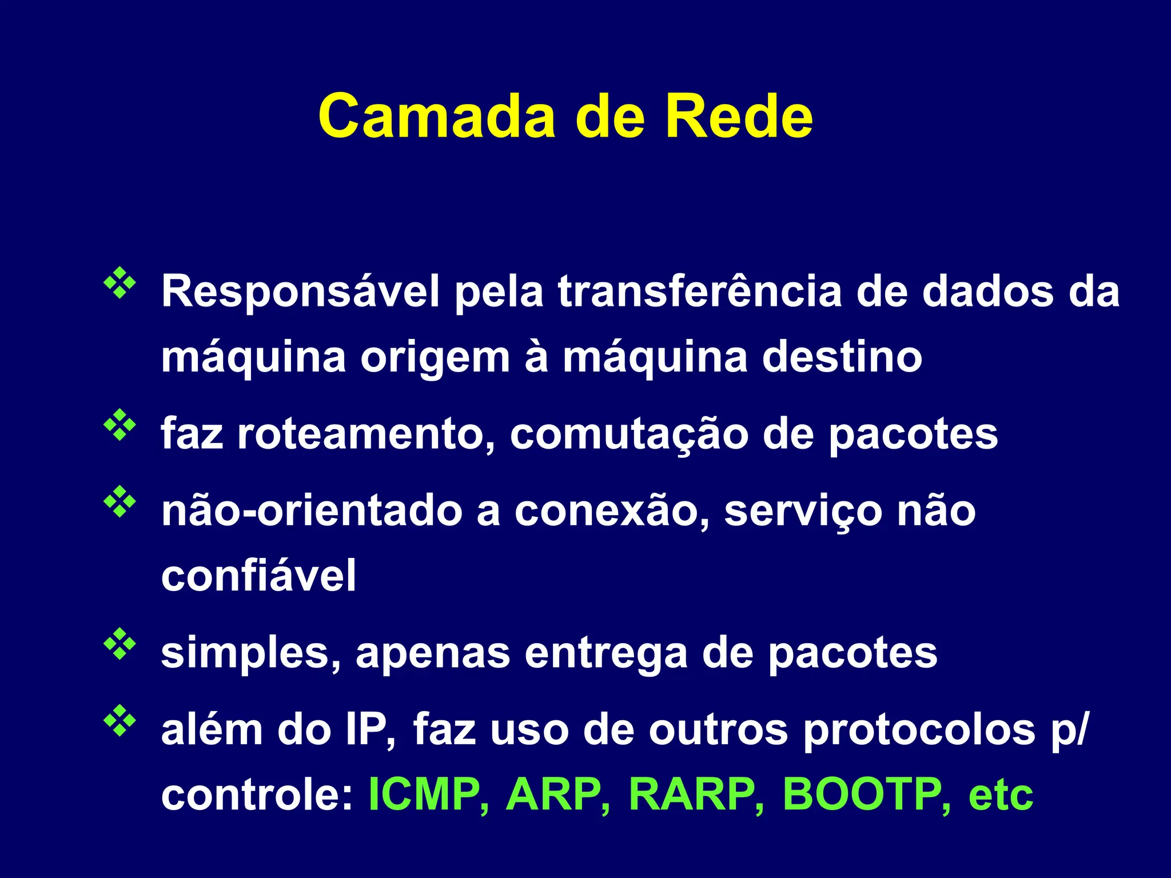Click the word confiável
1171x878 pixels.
point(258,576)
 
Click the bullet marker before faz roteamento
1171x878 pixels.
point(120,425)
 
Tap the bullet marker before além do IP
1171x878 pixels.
point(120,721)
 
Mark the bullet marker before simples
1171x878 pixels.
point(120,644)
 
